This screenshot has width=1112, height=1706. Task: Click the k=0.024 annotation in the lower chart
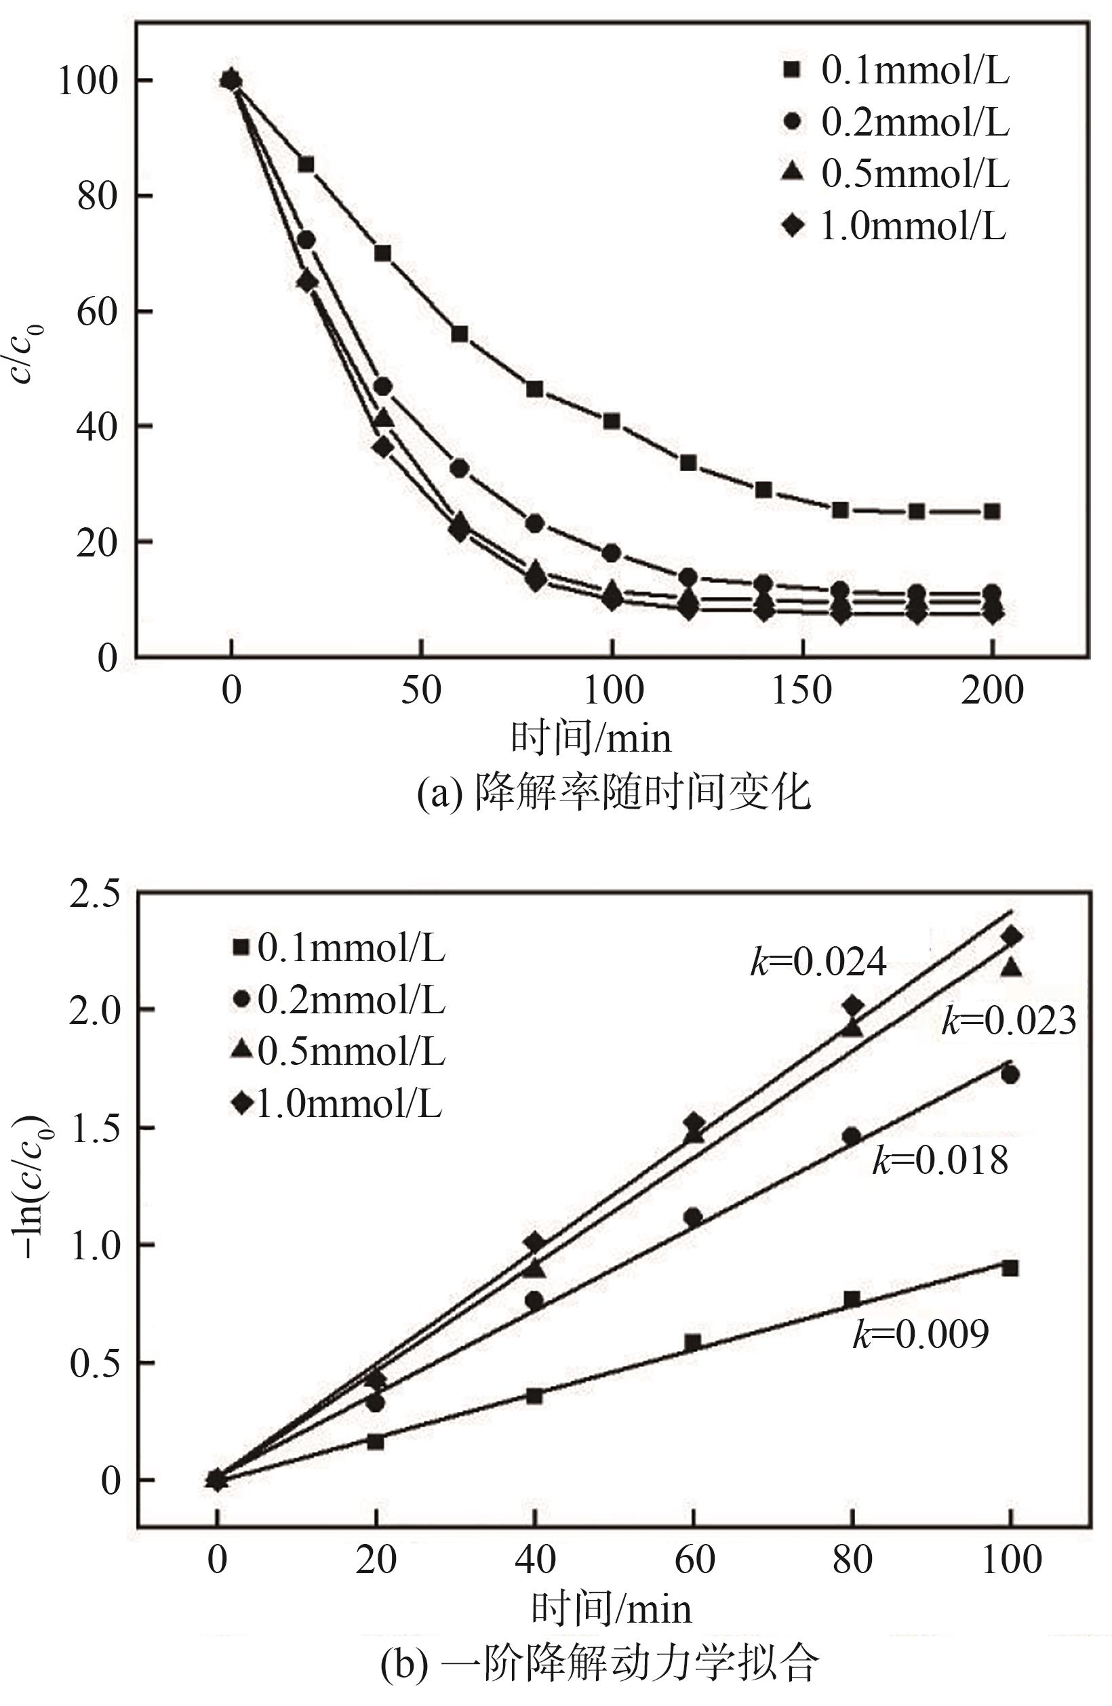[x=818, y=962]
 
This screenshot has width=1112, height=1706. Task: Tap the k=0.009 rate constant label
[x=921, y=1334]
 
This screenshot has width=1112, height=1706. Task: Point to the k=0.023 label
[x=1009, y=1020]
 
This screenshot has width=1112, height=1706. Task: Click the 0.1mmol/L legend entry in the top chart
[x=896, y=70]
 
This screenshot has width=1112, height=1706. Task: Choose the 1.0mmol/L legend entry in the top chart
[x=896, y=226]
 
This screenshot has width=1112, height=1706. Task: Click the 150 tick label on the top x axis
[x=801, y=691]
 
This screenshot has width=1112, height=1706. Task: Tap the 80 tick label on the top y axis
[x=98, y=196]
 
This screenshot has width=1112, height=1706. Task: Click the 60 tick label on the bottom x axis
[x=694, y=1560]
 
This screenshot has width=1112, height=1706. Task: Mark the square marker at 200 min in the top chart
[x=992, y=511]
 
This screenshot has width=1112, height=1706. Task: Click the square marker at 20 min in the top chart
[x=306, y=164]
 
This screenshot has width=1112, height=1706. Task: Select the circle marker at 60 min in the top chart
[x=459, y=468]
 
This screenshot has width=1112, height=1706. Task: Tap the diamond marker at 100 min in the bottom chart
[x=1011, y=936]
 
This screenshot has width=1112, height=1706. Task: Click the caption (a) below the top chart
[x=614, y=792]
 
